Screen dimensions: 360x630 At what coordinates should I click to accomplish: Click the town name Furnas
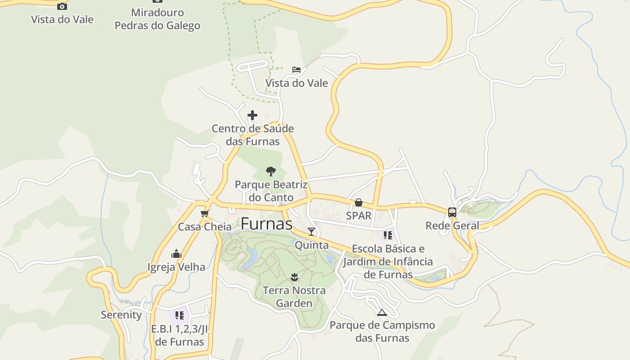266,224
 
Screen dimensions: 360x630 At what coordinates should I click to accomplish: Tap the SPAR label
359,216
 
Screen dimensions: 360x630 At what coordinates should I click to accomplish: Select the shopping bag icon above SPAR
359,202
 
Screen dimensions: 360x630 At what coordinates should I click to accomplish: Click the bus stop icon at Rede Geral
452,212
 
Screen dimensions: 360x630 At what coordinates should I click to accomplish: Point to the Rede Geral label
452,225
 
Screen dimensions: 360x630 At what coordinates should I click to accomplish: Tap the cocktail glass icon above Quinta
311,232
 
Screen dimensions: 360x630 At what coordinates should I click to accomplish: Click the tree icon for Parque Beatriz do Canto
270,171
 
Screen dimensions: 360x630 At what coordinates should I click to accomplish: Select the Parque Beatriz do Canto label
271,191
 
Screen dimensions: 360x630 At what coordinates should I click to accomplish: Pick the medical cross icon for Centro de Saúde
252,115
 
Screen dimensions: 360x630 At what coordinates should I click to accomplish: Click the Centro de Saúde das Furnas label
252,135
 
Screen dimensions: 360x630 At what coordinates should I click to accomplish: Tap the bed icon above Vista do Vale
296,69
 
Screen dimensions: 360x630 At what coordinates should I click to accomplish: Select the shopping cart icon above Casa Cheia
205,213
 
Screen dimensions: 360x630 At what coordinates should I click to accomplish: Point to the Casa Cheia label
205,226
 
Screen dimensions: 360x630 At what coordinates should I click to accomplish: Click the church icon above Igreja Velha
176,254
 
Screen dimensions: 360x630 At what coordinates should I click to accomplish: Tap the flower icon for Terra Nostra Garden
294,277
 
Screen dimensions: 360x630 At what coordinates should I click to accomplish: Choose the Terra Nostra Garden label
294,297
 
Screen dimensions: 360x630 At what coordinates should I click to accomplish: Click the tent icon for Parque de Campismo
382,312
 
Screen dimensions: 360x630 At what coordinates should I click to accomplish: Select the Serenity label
121,315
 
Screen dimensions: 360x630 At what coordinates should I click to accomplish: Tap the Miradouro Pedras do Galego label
157,19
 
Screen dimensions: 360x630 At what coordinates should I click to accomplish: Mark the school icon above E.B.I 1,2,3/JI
179,315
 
